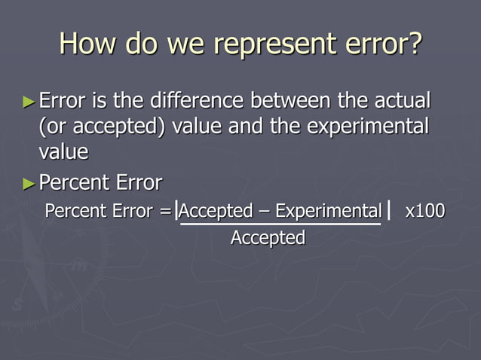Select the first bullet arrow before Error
pos(29,100)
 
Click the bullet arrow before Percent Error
pos(29,183)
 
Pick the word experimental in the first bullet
pos(360,126)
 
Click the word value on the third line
pos(63,151)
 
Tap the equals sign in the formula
pos(164,211)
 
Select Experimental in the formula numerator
pos(328,211)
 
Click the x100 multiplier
pos(424,211)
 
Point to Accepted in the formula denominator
pos(268,238)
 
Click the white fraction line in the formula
pos(280,224)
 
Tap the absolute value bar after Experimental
pos(388,211)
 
